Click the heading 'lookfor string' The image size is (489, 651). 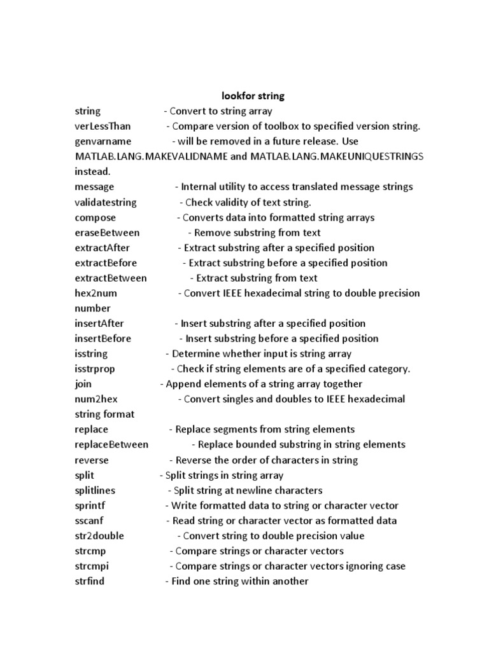pyautogui.click(x=253, y=96)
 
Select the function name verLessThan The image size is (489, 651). pyautogui.click(x=103, y=126)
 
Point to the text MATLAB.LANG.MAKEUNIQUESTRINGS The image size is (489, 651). pyautogui.click(x=327, y=156)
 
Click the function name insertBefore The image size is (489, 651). pyautogui.click(x=103, y=338)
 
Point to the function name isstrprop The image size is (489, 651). pyautogui.click(x=95, y=369)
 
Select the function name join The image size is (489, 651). pyautogui.click(x=83, y=384)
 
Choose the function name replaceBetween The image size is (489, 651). pyautogui.click(x=111, y=444)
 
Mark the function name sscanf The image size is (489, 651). pyautogui.click(x=89, y=521)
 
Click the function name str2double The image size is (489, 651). pyautogui.click(x=99, y=536)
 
